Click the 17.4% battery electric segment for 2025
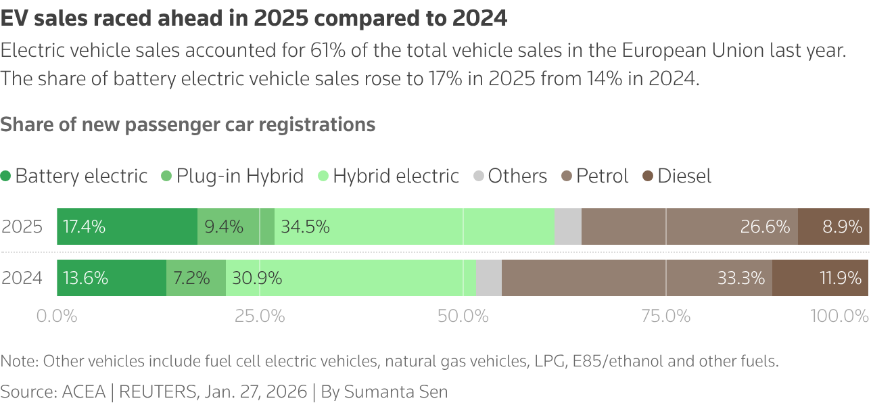[x=127, y=227]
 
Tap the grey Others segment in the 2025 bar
[x=568, y=227]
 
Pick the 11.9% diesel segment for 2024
[x=820, y=278]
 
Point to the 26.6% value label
[x=765, y=227]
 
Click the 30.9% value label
[x=257, y=278]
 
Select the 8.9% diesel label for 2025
[x=842, y=227]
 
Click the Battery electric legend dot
[x=6, y=176]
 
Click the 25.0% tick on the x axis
[x=260, y=316]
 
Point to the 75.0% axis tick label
[x=666, y=316]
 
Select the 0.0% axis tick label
[x=57, y=316]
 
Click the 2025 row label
[x=22, y=227]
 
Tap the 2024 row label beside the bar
[x=22, y=278]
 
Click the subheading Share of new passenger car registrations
[x=188, y=124]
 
